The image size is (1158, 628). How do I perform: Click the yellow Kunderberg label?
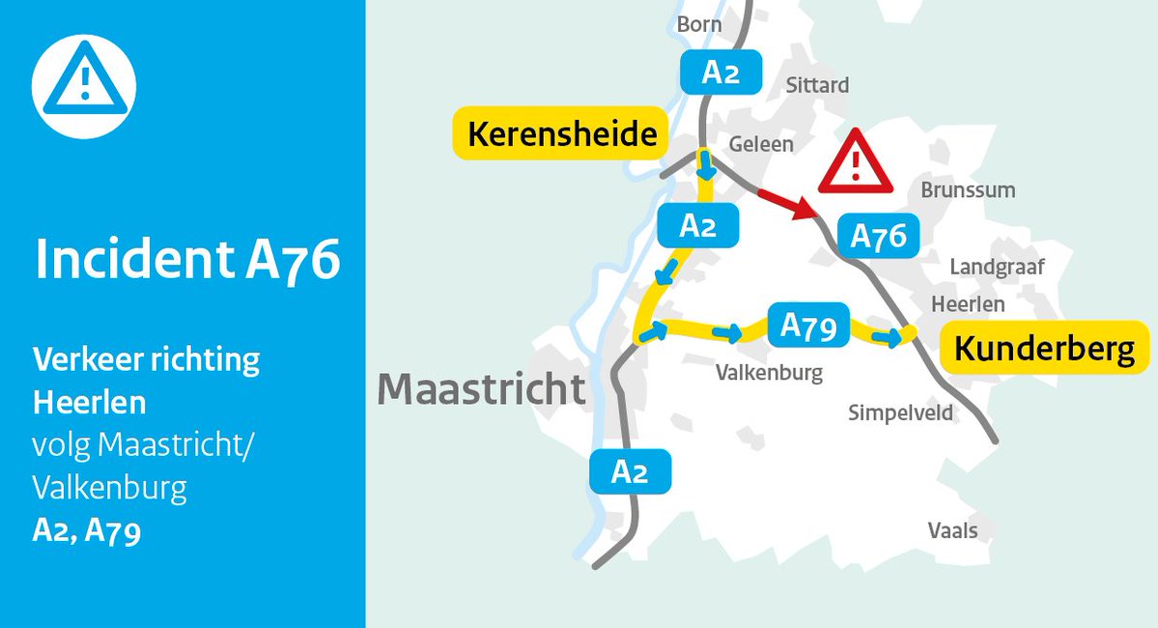[x=1044, y=349]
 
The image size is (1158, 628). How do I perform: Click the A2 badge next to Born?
[x=720, y=71]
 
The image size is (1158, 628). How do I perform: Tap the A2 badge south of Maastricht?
[x=629, y=471]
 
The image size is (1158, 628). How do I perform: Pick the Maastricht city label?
[x=481, y=388]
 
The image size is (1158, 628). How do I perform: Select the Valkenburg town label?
[x=769, y=372]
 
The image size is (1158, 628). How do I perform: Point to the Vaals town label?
[x=952, y=530]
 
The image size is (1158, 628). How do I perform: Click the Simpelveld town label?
[x=900, y=414]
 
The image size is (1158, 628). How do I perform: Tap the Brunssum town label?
[x=968, y=190]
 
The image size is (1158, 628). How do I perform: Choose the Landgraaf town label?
[x=998, y=268]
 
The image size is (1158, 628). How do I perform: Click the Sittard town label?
[x=817, y=85]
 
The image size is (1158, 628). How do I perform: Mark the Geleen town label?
[x=761, y=144]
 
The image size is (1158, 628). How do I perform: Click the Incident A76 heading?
[x=187, y=259]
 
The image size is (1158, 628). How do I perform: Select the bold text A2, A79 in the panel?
[x=87, y=531]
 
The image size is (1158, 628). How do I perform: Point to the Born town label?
[x=699, y=24]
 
